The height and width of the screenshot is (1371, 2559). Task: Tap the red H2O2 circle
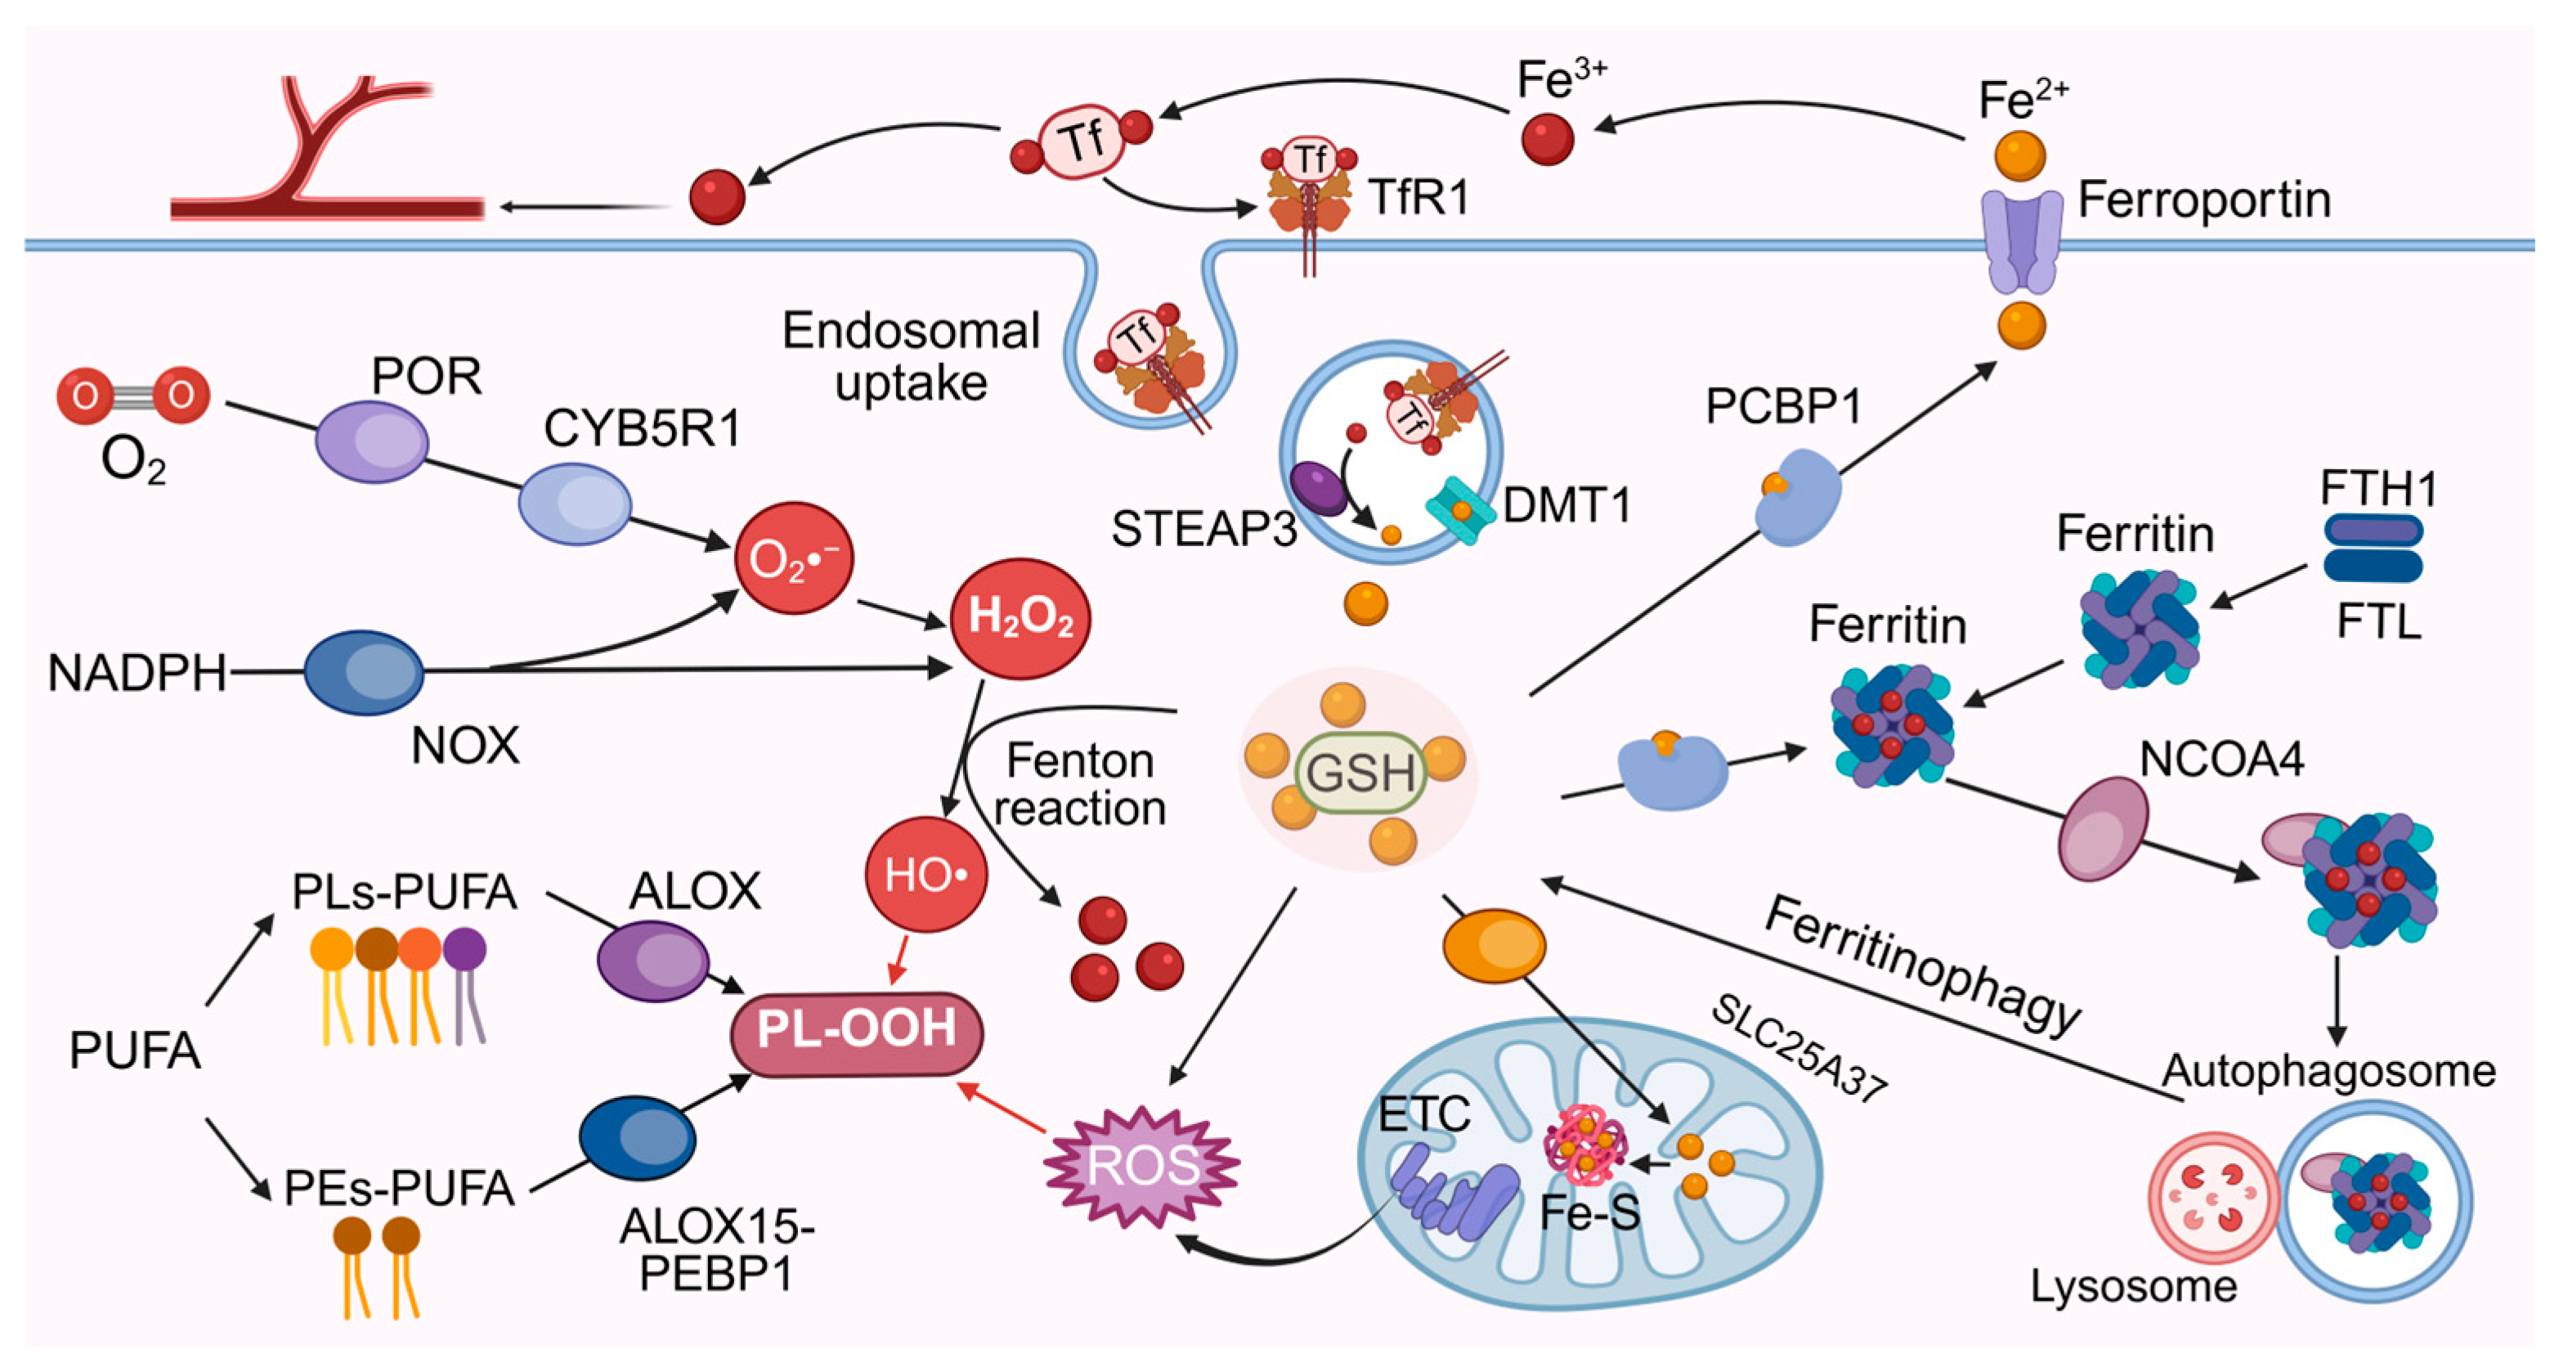click(x=1020, y=618)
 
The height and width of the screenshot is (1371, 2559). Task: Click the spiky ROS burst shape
click(x=1142, y=1165)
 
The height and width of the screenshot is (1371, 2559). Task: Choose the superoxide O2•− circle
click(x=793, y=558)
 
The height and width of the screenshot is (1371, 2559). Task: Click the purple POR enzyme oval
click(x=371, y=442)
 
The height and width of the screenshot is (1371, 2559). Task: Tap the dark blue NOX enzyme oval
click(x=364, y=673)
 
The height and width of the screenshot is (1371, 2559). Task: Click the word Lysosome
click(x=2132, y=1287)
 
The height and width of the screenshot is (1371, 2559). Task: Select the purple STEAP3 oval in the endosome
click(x=1318, y=488)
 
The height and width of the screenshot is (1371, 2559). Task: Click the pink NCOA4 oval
click(x=2102, y=828)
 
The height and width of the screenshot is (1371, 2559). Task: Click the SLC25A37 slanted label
click(x=1798, y=1048)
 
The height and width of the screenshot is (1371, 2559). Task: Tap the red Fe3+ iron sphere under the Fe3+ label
click(x=1547, y=138)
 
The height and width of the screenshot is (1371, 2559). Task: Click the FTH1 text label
click(x=2378, y=489)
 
